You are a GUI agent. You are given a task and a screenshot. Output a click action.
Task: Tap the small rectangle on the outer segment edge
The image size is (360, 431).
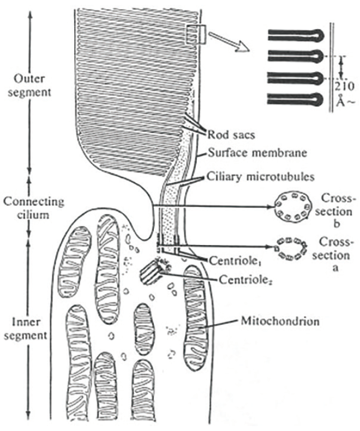coord(195,34)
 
